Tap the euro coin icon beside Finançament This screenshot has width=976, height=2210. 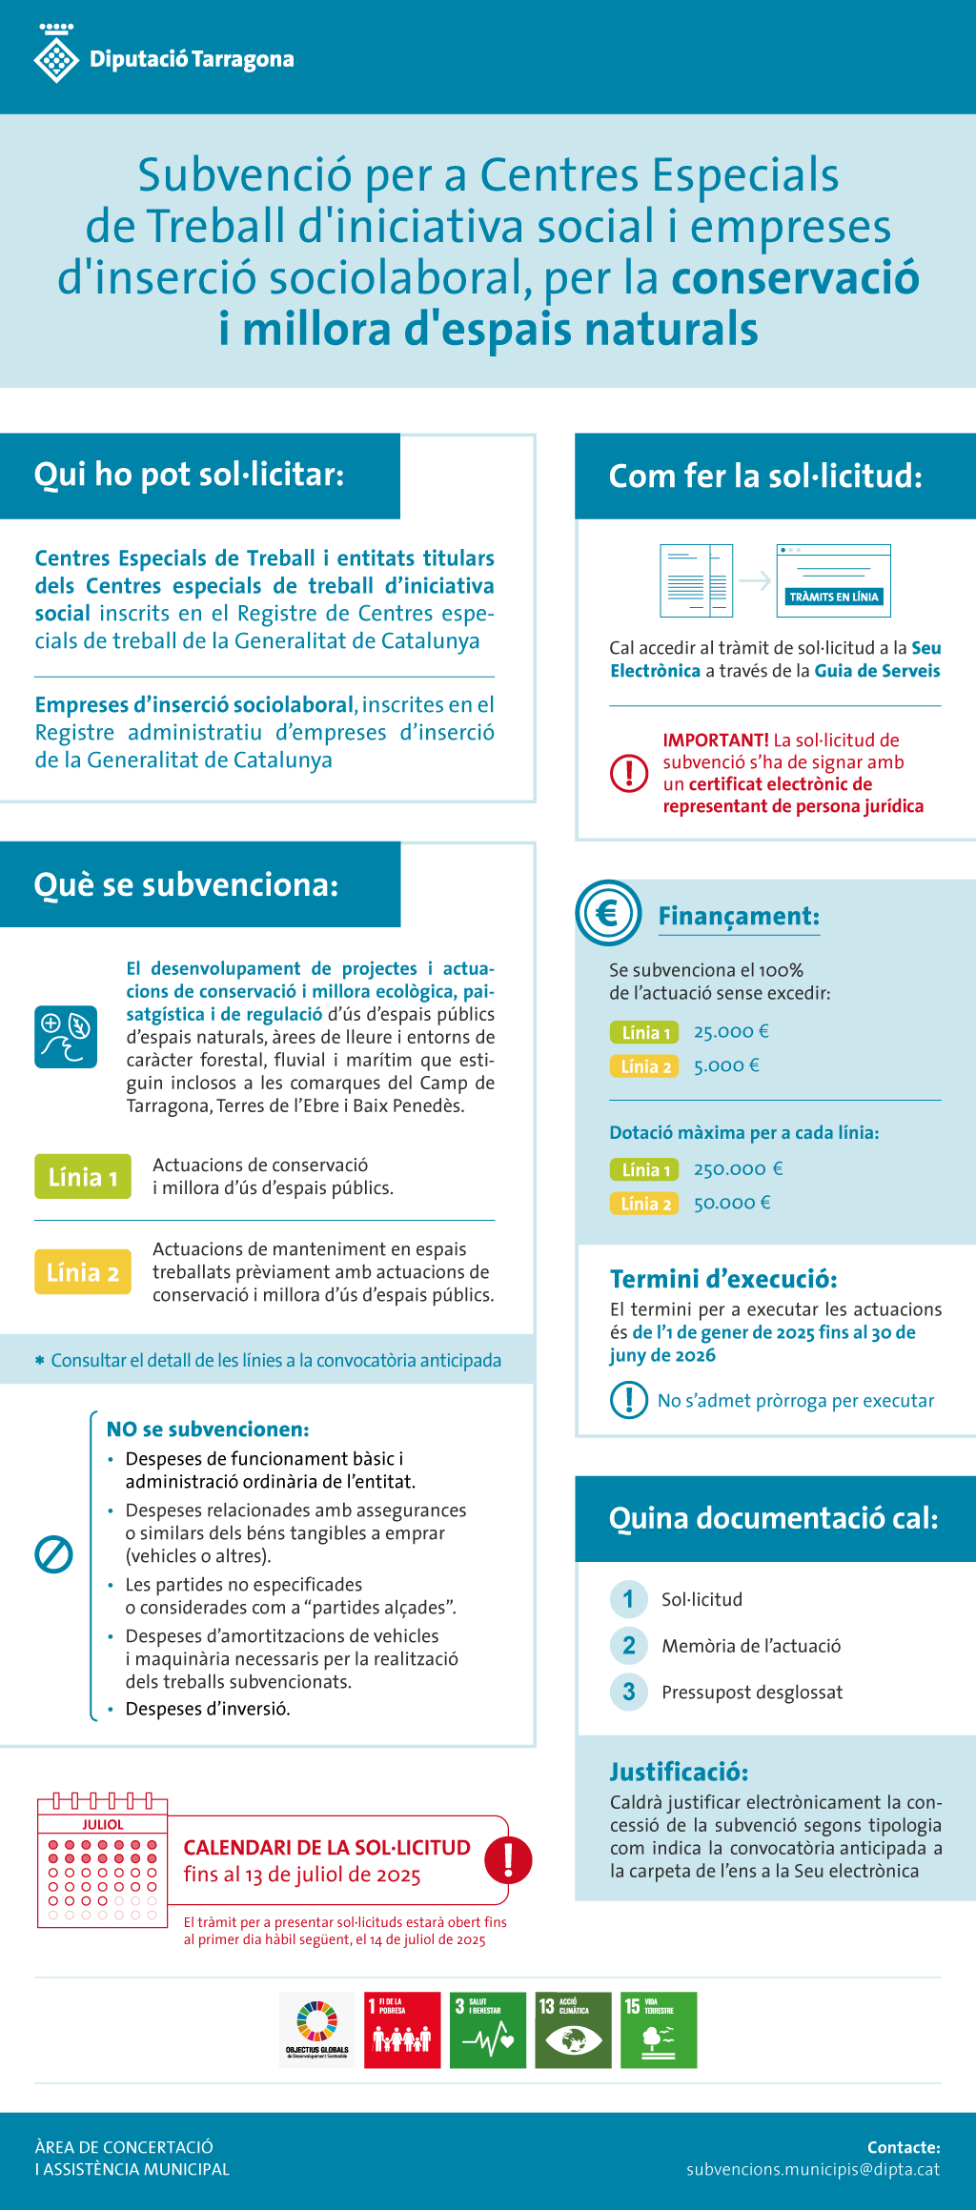tap(608, 913)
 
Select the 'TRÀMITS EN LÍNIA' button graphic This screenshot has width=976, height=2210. tap(833, 597)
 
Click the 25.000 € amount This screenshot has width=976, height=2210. tap(731, 1031)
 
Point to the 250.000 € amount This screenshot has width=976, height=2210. tap(738, 1168)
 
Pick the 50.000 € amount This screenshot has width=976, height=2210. tap(732, 1203)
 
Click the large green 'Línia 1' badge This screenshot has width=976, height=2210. tap(83, 1177)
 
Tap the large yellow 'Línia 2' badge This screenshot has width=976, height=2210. tap(83, 1272)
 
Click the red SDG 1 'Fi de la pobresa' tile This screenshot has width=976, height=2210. tap(402, 2030)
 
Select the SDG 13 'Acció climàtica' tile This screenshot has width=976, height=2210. tap(573, 2030)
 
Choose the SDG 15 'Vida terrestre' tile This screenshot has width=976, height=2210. tap(659, 2030)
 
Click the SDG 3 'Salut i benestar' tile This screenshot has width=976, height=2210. tap(488, 2030)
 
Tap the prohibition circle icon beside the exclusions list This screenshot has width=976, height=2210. tap(53, 1554)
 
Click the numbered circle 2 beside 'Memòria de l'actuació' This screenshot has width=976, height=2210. tap(628, 1645)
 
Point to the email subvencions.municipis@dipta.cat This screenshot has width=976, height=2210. tap(813, 2170)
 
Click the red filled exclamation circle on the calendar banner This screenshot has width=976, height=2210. tap(508, 1859)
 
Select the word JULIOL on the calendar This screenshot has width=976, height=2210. tap(103, 1824)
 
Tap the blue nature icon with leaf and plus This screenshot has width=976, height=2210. tap(66, 1036)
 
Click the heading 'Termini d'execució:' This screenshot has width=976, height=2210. tap(723, 1279)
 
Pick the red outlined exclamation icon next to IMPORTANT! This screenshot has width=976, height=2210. tap(629, 773)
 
